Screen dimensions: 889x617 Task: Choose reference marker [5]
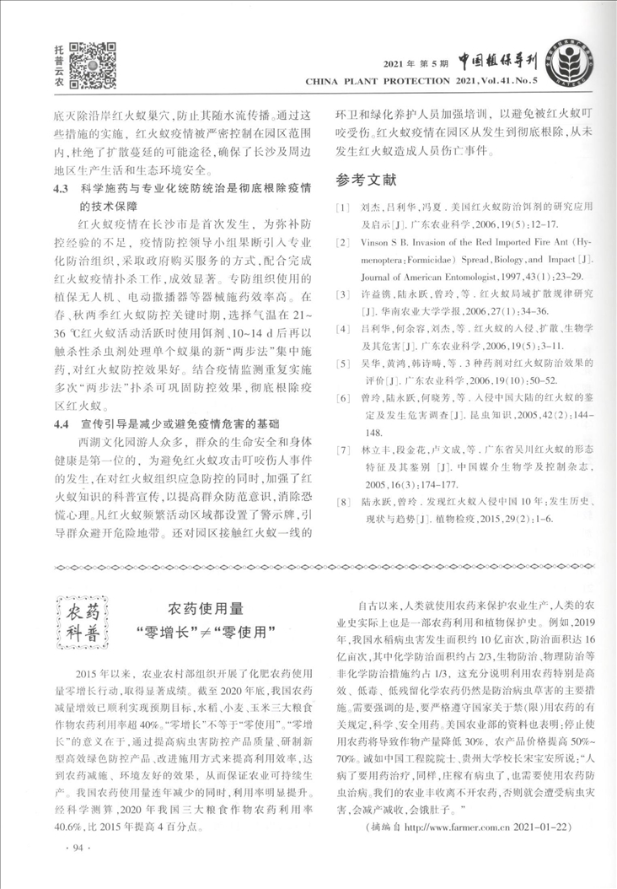coord(342,364)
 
